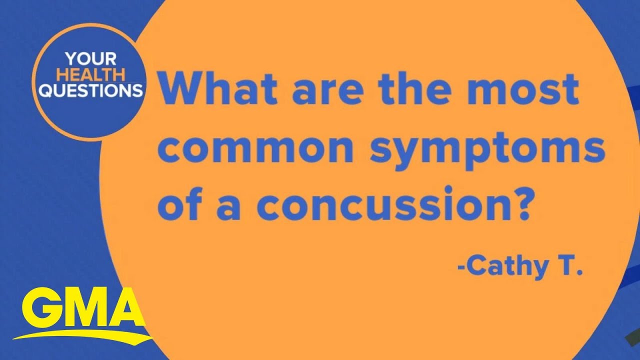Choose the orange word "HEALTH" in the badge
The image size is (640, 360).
pos(86,75)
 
